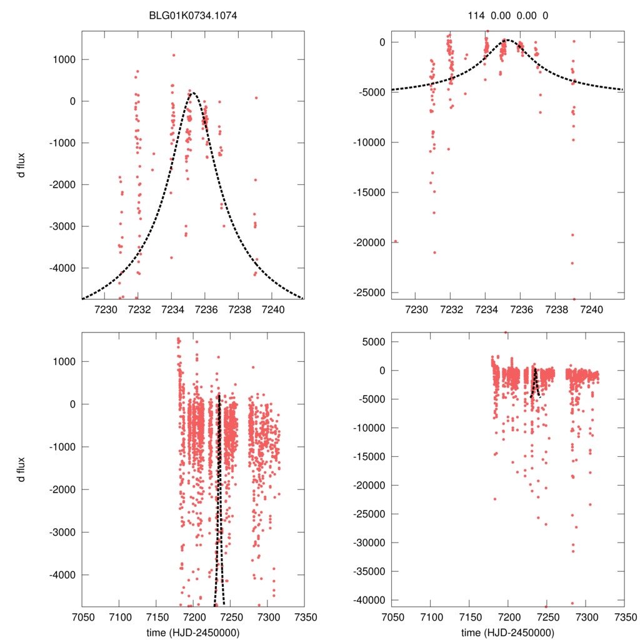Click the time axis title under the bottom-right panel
[x=507, y=632]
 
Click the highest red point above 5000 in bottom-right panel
[x=506, y=332]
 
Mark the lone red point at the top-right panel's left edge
[x=396, y=241]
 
